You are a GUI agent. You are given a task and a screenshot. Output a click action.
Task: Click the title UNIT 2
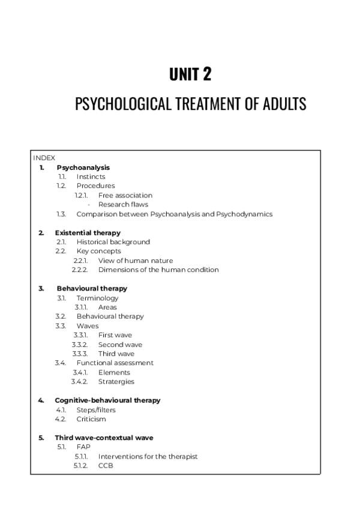190,74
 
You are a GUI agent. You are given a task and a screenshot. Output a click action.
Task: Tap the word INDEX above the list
44,158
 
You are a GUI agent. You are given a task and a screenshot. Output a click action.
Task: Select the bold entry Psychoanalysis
83,167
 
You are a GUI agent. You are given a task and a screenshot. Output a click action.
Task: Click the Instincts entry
91,176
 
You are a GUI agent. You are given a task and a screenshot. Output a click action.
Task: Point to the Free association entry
125,195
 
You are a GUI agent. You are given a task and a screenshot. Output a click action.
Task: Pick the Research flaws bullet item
123,204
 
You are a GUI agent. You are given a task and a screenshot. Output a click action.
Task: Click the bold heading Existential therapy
88,232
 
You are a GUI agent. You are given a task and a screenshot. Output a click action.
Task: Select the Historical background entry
113,242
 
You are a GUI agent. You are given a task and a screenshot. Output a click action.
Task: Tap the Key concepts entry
98,251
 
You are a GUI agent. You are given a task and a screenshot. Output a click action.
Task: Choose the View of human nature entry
135,261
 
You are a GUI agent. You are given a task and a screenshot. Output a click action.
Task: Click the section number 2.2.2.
80,270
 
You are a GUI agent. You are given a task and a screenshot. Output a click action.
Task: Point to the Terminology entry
97,298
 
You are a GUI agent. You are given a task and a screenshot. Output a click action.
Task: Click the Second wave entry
120,345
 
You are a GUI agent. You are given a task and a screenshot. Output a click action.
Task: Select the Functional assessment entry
115,363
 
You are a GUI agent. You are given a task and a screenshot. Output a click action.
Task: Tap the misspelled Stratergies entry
116,381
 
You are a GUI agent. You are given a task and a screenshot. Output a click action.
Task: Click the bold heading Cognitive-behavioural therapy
107,400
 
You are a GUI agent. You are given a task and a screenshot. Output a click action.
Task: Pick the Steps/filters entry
96,410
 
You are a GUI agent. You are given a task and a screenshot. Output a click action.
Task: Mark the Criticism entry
91,419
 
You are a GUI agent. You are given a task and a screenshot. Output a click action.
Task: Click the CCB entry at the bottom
106,465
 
